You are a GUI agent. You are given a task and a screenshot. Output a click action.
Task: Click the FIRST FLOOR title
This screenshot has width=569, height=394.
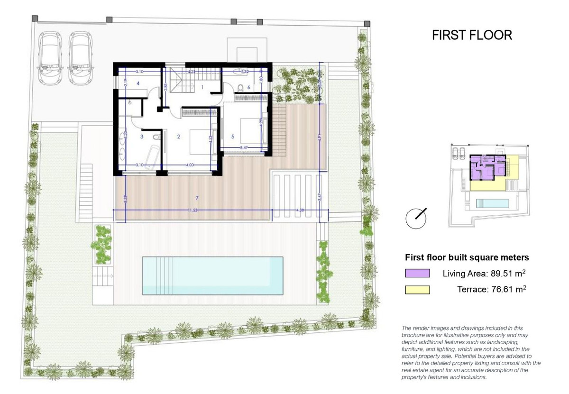472,36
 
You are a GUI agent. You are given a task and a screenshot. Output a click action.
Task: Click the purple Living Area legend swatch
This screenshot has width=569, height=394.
417,273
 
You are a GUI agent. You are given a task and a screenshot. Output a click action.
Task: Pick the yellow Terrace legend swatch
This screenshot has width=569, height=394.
417,290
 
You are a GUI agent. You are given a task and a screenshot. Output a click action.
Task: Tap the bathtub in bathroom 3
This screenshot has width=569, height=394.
153,158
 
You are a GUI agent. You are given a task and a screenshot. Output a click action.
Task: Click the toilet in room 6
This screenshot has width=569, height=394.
241,87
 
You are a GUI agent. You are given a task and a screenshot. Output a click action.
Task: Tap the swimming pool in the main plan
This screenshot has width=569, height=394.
212,275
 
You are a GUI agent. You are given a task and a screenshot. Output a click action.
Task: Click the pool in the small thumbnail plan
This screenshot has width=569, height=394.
492,204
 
